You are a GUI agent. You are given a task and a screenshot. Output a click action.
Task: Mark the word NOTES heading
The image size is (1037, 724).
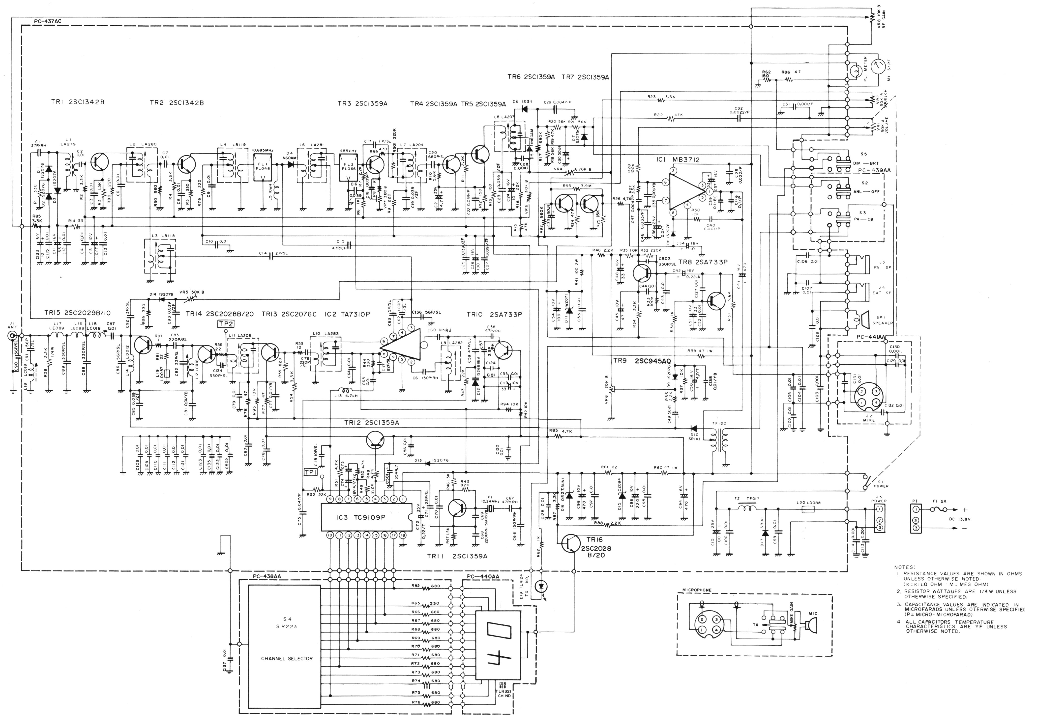coord(905,567)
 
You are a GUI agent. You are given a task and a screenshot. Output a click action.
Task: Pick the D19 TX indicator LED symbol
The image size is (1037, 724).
coord(541,587)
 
